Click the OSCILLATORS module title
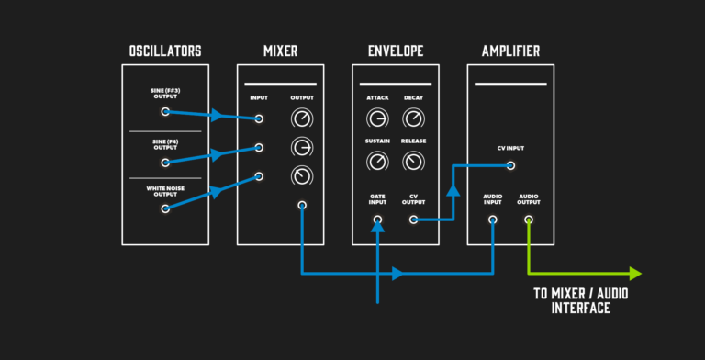coord(166,51)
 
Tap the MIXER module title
coord(280,51)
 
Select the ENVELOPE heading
coord(395,51)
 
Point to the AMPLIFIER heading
coord(510,51)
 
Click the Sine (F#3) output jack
coord(165,112)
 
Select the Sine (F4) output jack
coord(165,163)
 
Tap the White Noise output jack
coord(165,208)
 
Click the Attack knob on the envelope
coord(376,118)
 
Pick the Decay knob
coord(414,118)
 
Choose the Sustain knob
coord(376,162)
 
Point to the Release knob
coord(414,162)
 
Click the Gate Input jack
coord(377,219)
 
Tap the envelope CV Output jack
coord(414,219)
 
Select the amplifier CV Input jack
coord(510,166)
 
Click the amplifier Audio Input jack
coord(493,219)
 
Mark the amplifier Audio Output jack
coord(529,219)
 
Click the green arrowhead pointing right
coord(633,273)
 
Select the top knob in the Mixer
coord(301,118)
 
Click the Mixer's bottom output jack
coord(302,205)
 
